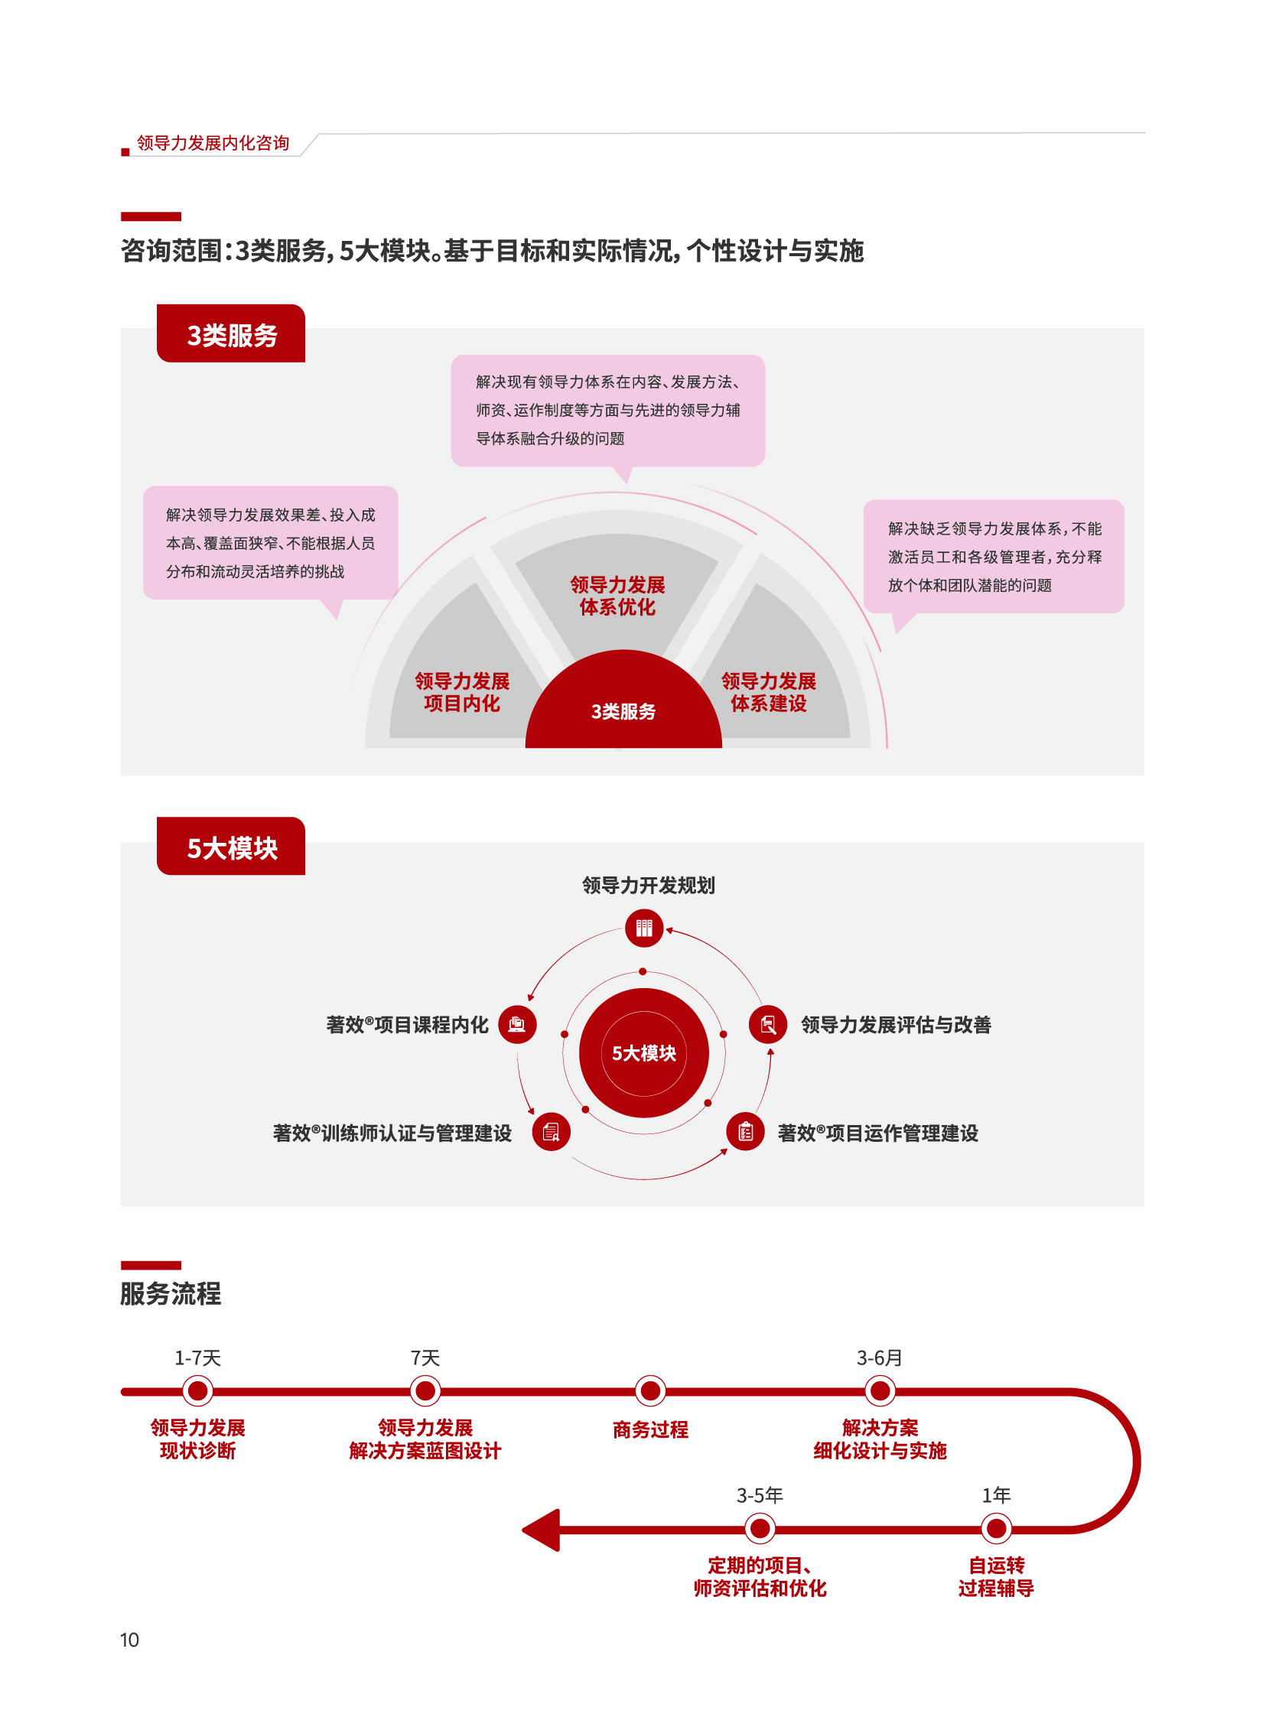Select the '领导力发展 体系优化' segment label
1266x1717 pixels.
(617, 596)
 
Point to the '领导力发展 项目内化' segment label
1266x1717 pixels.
(462, 692)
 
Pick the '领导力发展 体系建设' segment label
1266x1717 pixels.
(769, 692)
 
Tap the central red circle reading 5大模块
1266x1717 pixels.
(644, 1052)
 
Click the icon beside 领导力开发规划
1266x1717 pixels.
(644, 928)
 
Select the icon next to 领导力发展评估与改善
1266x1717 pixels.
(768, 1024)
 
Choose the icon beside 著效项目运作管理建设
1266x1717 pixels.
(746, 1132)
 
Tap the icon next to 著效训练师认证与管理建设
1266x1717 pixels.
(551, 1132)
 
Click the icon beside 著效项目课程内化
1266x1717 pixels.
(517, 1024)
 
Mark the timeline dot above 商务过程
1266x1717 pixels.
(651, 1390)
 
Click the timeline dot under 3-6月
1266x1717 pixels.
(880, 1390)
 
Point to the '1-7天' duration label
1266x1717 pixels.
(197, 1358)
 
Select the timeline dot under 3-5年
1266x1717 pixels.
(760, 1529)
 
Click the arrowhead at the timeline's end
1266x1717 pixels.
(541, 1530)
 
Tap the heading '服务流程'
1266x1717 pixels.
(170, 1293)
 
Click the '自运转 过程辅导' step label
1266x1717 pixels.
(996, 1577)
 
